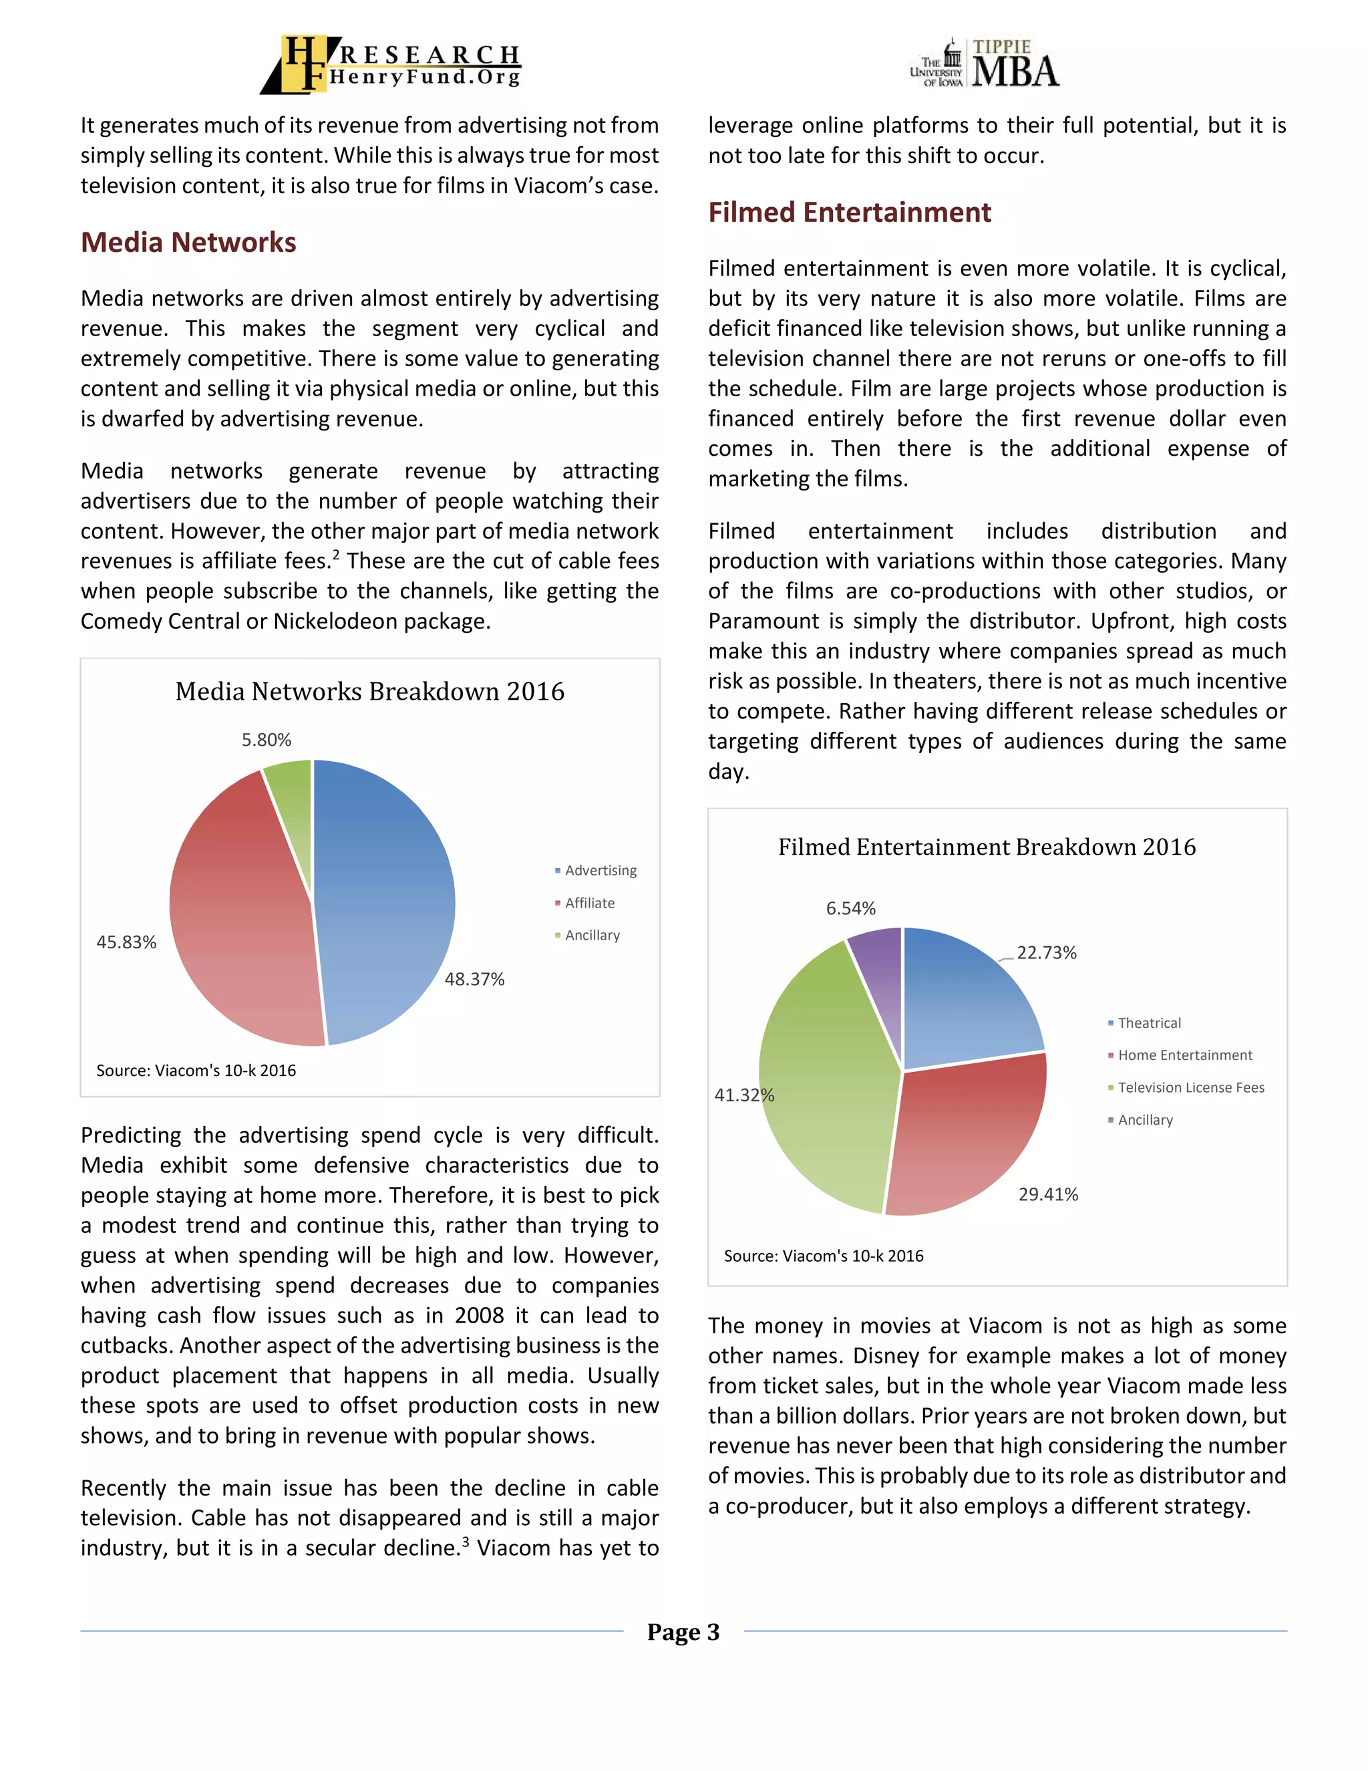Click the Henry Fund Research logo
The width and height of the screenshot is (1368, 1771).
391,64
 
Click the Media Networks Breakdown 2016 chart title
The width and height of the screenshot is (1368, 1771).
369,692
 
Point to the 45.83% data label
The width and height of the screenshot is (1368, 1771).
126,942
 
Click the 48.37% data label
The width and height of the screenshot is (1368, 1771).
474,980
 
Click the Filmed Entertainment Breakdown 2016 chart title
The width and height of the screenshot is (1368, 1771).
987,847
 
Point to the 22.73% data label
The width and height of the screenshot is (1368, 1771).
1046,953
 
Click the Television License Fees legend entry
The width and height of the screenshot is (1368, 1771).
1190,1088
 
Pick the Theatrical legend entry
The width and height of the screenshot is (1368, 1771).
1149,1023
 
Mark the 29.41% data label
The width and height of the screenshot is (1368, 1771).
1048,1194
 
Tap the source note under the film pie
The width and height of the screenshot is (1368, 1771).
824,1256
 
